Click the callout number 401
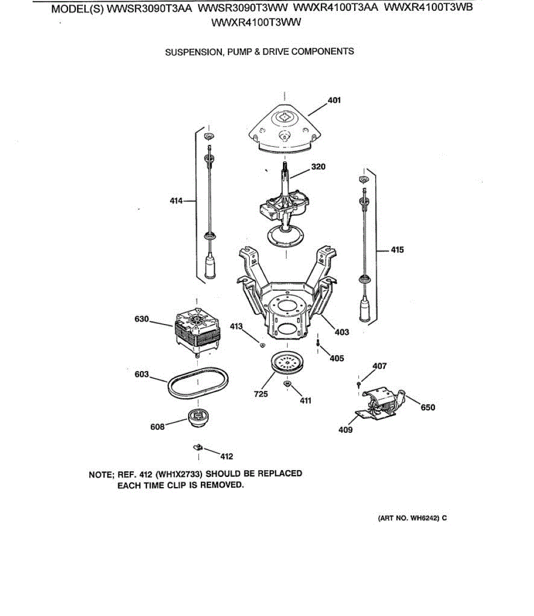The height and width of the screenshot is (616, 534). tap(334, 100)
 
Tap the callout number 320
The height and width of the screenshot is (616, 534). tap(318, 167)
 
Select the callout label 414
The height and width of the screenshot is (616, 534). tap(176, 201)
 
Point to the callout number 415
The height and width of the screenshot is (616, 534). tap(397, 250)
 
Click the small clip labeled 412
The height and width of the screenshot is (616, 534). tap(198, 446)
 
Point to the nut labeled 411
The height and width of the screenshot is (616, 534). tap(287, 383)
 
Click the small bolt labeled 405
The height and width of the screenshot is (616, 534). tap(318, 342)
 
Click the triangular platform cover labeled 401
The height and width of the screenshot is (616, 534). tap(285, 128)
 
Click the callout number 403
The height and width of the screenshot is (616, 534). tap(341, 332)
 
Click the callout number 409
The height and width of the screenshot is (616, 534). tap(345, 430)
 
